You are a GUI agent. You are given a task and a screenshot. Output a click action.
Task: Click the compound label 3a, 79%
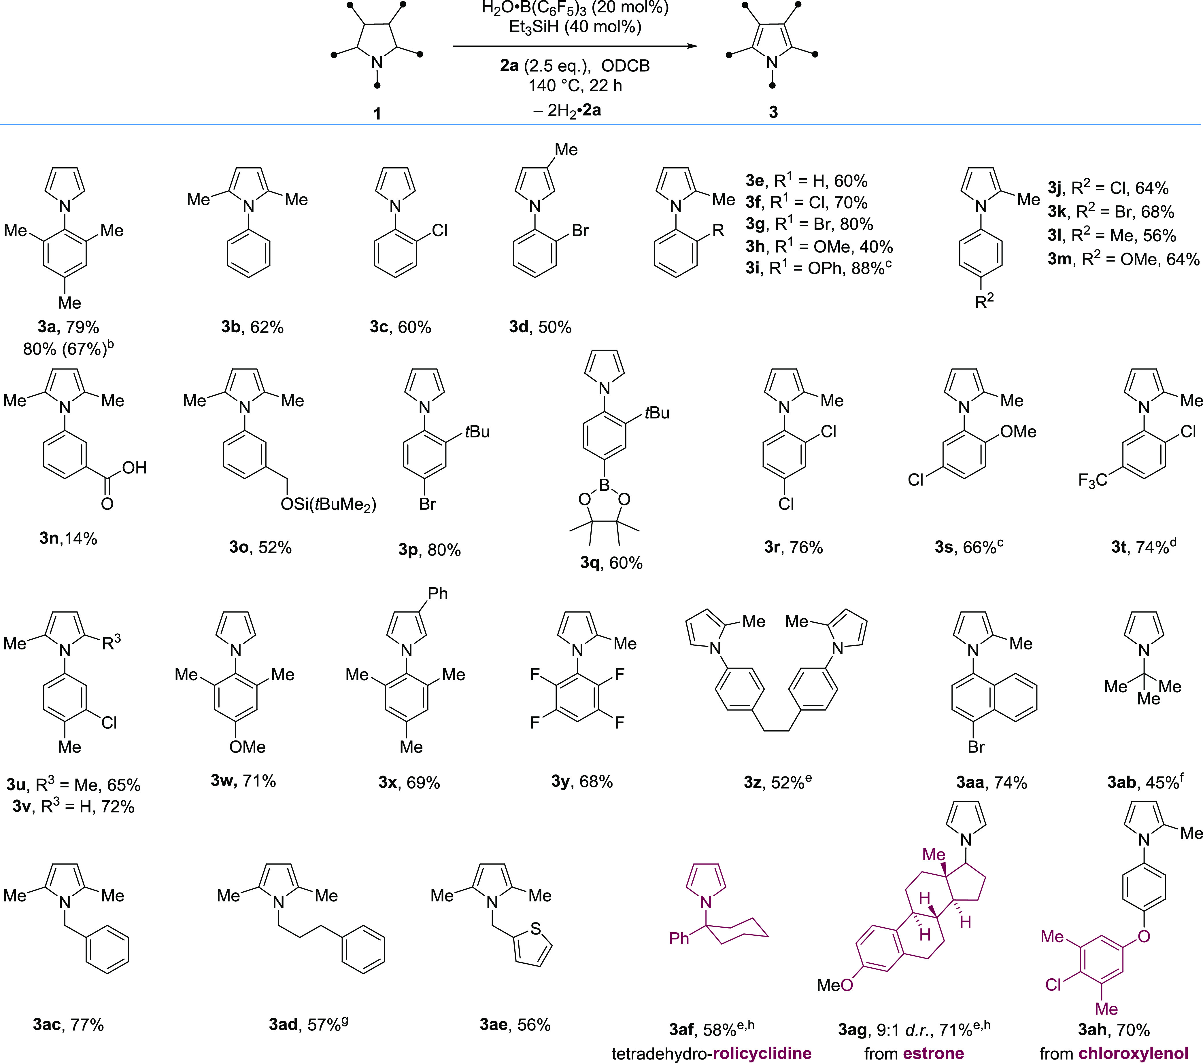click(x=68, y=327)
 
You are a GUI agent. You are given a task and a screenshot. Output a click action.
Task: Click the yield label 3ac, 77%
click(x=68, y=1025)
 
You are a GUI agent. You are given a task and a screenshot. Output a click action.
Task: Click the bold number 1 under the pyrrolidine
click(x=377, y=113)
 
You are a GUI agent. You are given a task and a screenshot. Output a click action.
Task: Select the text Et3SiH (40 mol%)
click(x=575, y=26)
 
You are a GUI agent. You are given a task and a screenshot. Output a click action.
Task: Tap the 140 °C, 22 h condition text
click(x=575, y=86)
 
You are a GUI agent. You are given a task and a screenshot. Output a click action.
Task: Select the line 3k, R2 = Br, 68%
click(x=1111, y=212)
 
